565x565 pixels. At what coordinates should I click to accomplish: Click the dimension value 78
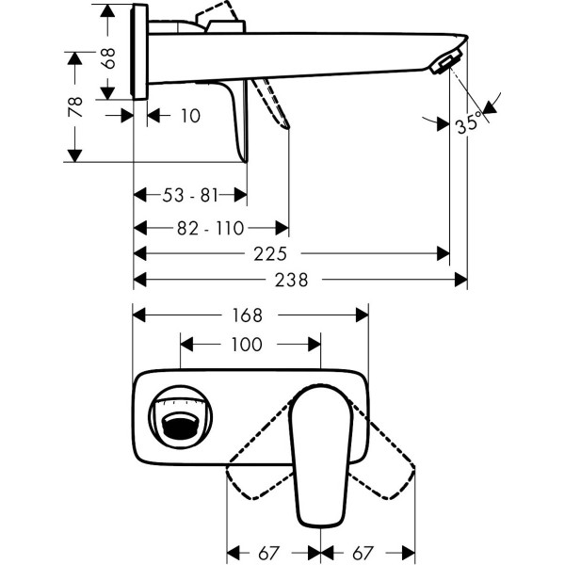click(x=75, y=105)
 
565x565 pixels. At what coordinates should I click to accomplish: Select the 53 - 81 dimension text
click(x=189, y=196)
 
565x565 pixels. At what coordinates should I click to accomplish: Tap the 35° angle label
click(x=468, y=123)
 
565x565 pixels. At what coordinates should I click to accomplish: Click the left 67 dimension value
click(x=273, y=551)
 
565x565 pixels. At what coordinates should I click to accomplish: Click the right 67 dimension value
click(x=369, y=551)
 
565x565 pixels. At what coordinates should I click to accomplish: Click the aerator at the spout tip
click(x=445, y=63)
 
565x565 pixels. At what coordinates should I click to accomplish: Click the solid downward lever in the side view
click(x=236, y=122)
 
